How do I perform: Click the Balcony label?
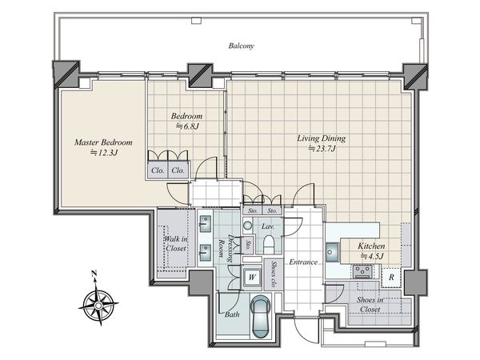click(242, 46)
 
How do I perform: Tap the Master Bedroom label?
click(103, 142)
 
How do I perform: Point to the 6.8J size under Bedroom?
click(187, 126)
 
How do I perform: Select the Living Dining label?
click(321, 138)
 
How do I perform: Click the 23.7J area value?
click(322, 149)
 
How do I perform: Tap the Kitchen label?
click(371, 246)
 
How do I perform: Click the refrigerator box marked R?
click(391, 278)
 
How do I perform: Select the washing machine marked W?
click(252, 278)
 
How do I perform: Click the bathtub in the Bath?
click(260, 317)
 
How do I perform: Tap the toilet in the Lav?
click(268, 244)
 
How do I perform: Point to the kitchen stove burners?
click(362, 271)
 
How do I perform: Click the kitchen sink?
click(332, 252)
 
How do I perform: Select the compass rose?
click(98, 306)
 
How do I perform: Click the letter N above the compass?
click(94, 274)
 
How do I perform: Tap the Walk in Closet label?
click(176, 244)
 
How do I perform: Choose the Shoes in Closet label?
click(370, 305)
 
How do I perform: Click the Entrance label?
click(303, 262)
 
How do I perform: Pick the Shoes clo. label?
click(273, 274)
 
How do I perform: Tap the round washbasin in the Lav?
click(248, 226)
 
